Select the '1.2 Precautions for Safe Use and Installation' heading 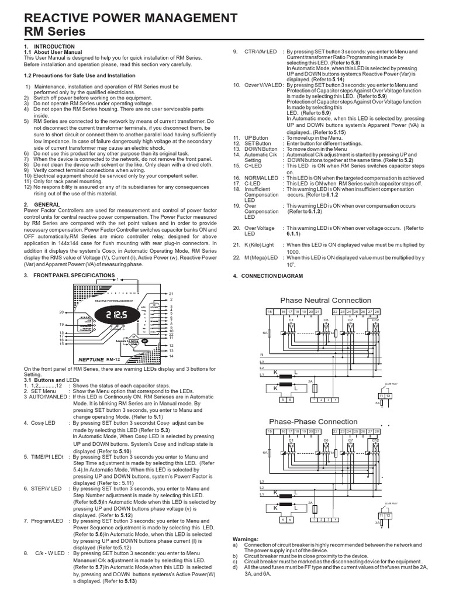tap(76, 76)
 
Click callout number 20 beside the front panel tap(61, 312)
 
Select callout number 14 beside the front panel tap(171, 356)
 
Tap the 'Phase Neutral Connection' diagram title tap(326, 300)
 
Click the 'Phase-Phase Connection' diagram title tap(313, 421)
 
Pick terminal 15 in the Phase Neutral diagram tap(270, 311)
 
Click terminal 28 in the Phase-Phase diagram tap(377, 431)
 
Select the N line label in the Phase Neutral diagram tap(262, 355)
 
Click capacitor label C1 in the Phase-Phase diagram tap(274, 440)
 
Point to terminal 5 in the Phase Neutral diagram tap(283, 400)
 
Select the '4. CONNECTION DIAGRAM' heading tap(268, 276)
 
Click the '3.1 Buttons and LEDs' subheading tap(51, 380)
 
